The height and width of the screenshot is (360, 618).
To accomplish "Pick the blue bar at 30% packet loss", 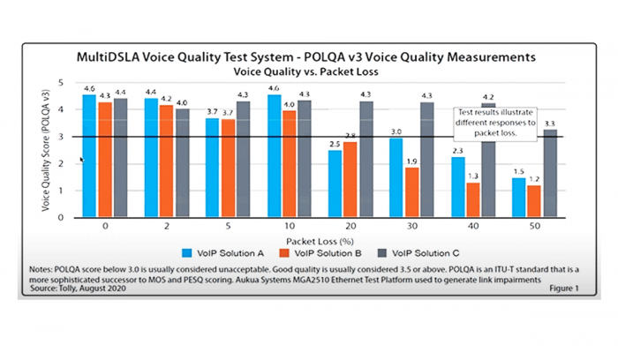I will [396, 177].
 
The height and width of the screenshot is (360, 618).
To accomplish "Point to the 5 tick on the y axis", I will [61, 82].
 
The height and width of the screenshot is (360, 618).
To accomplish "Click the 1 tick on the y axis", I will [61, 190].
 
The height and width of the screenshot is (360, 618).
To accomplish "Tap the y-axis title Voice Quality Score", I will [48, 150].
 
